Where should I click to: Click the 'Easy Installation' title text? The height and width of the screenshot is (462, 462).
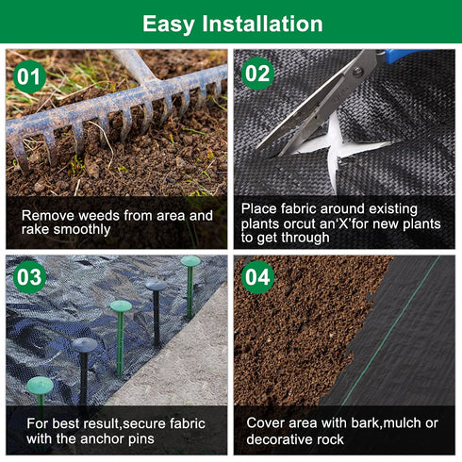tap(231, 23)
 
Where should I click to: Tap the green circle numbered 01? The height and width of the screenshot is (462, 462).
tap(30, 74)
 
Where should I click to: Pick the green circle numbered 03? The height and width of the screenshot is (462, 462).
tap(30, 277)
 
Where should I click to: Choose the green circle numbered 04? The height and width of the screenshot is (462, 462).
tap(257, 278)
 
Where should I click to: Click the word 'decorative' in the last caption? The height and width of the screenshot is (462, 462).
tap(280, 438)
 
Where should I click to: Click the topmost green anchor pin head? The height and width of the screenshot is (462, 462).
tap(190, 261)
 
